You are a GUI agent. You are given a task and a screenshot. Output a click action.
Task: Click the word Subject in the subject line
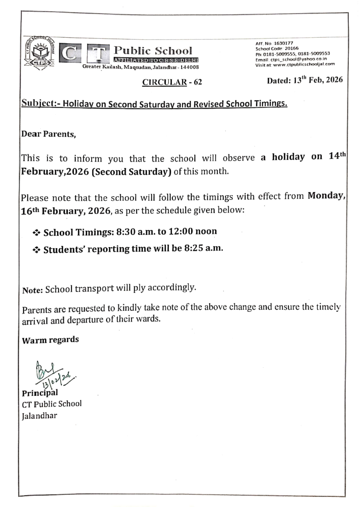[37, 105]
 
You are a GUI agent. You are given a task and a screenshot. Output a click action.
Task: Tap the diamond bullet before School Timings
[36, 232]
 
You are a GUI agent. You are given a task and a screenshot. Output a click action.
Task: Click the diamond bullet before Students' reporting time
[36, 249]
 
